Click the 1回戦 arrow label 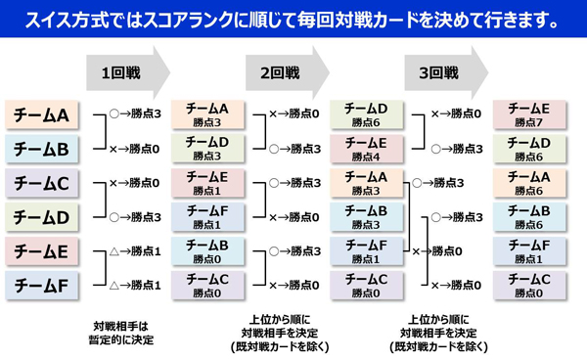point(115,71)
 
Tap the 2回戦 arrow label point(278,71)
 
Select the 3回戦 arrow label point(438,71)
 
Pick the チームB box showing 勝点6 point(530,217)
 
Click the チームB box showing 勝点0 point(206,251)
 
